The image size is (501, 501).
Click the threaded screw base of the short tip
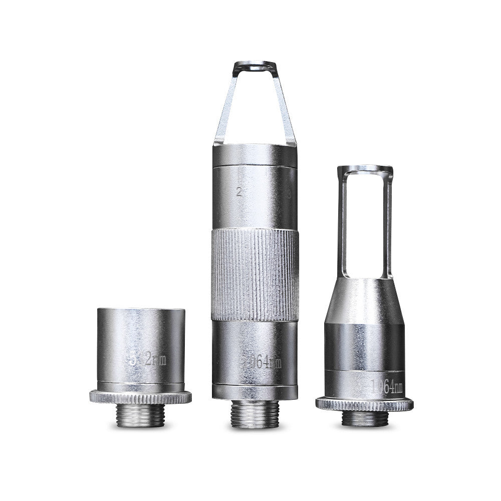point(140,415)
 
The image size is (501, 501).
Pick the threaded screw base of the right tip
point(364,418)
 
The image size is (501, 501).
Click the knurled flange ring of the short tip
point(140,397)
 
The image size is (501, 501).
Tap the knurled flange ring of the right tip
point(364,404)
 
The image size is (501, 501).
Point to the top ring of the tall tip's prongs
point(255,65)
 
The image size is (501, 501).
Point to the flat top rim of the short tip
point(141,310)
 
